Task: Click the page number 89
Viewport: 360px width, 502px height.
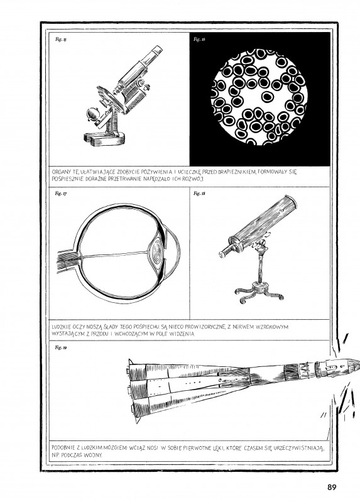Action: (332, 487)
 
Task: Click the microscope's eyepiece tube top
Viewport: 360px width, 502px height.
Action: (157, 50)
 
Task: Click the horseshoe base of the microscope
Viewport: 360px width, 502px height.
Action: (104, 139)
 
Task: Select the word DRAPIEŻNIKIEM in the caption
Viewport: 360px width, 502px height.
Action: (237, 172)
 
